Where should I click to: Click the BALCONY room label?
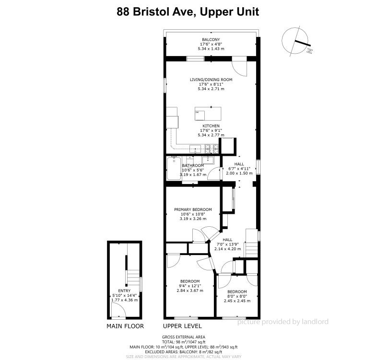pyautogui.click(x=211, y=40)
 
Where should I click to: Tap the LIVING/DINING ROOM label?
pyautogui.click(x=211, y=80)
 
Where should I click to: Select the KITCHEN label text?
pyautogui.click(x=211, y=126)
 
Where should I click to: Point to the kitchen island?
pyautogui.click(x=208, y=114)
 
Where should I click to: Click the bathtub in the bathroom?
pyautogui.click(x=174, y=168)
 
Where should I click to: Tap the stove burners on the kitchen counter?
pyautogui.click(x=212, y=149)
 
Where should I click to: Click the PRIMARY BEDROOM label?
pyautogui.click(x=193, y=209)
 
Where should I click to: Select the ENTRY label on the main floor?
pyautogui.click(x=124, y=291)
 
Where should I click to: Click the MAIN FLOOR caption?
pyautogui.click(x=125, y=326)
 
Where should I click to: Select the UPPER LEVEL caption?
pyautogui.click(x=182, y=326)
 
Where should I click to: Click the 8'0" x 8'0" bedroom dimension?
pyautogui.click(x=237, y=296)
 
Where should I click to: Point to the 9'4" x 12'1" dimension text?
pyautogui.click(x=190, y=286)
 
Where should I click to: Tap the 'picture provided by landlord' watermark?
pyautogui.click(x=283, y=322)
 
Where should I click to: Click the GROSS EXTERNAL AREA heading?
pyautogui.click(x=184, y=337)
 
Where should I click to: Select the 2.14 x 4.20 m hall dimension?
pyautogui.click(x=227, y=249)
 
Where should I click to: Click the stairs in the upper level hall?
pyautogui.click(x=252, y=243)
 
